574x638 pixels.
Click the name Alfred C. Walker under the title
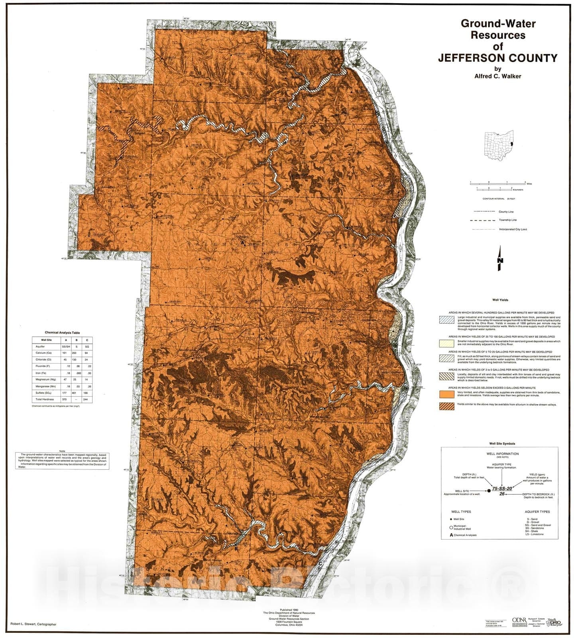pos(497,76)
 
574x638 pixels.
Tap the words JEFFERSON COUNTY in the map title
pos(497,58)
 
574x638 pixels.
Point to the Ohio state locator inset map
pos(499,146)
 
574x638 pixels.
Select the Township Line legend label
pos(508,220)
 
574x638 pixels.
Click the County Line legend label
pos(506,212)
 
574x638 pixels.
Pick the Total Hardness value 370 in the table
pos(64,399)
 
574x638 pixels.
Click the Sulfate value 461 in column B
pos(74,393)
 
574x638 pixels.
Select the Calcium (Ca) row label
pos(43,353)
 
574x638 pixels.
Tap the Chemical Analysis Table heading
pos(62,332)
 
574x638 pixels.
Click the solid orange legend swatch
pos(446,394)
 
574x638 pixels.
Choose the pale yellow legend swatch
pos(446,343)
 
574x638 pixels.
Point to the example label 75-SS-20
pos(502,488)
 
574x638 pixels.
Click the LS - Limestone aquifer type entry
pos(535,534)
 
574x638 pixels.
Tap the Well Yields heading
pos(500,300)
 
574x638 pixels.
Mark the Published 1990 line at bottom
pos(289,610)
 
